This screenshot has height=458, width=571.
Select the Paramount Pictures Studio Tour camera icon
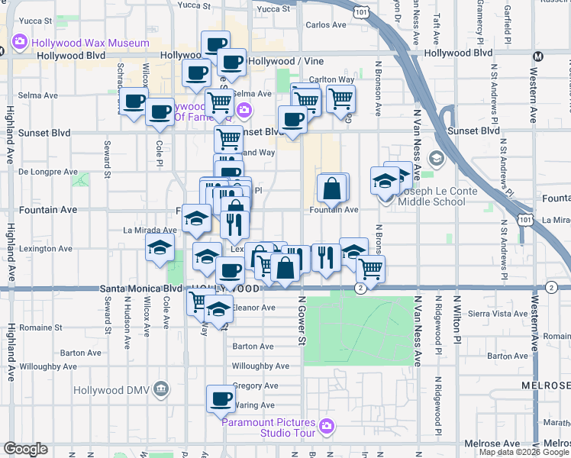[x=327, y=426]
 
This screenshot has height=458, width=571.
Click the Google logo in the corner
[x=25, y=449]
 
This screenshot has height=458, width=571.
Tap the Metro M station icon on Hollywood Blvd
[x=538, y=57]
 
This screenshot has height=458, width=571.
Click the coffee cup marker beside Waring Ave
[x=221, y=398]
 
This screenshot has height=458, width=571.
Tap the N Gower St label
[x=302, y=321]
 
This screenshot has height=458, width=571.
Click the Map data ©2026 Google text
[x=524, y=452]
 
